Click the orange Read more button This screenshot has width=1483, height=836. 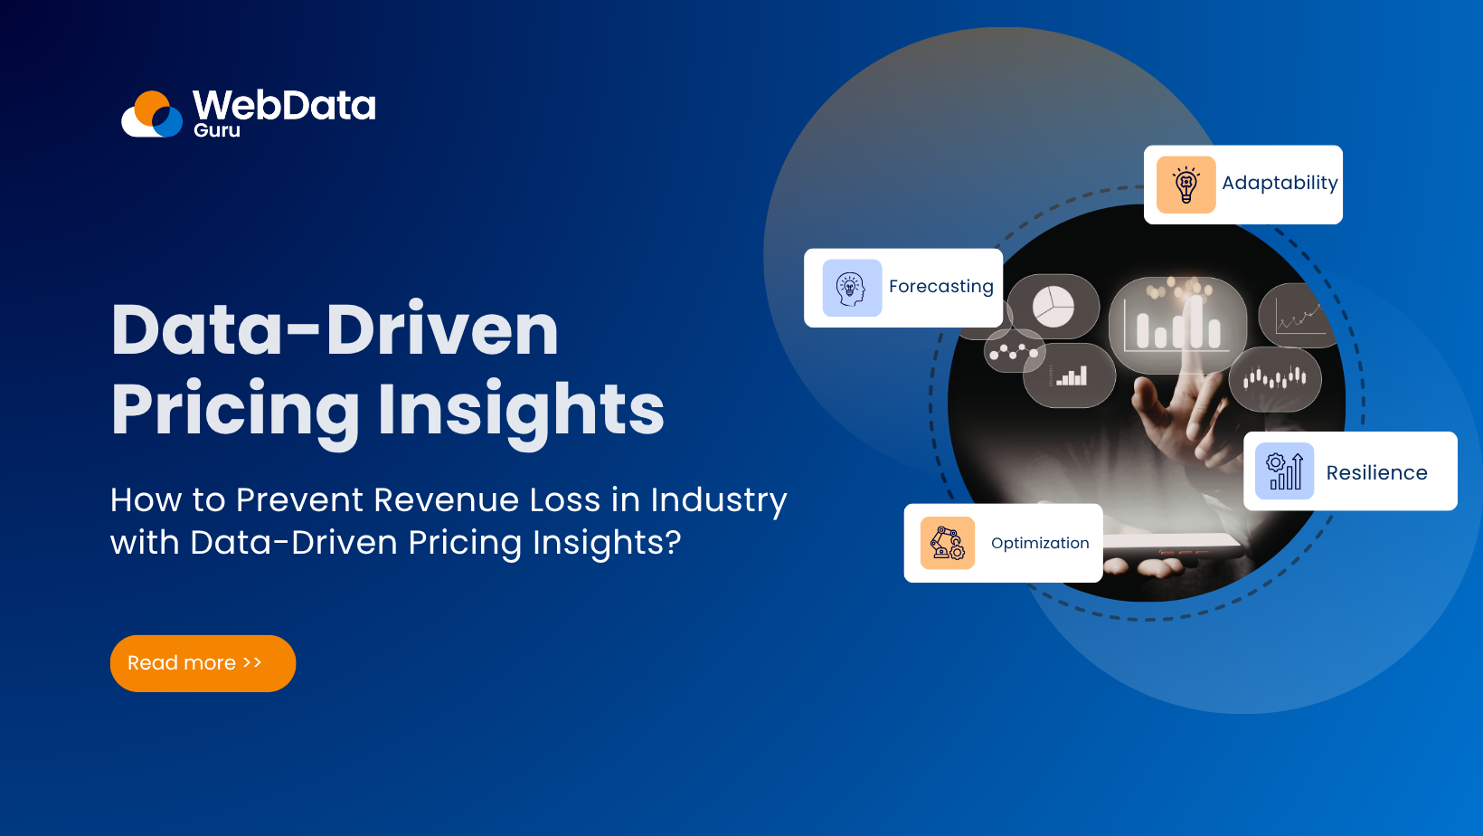point(203,663)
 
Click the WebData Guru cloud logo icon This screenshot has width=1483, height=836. point(153,115)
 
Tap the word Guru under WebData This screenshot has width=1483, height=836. point(217,130)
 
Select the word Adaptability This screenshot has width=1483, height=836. point(1280,183)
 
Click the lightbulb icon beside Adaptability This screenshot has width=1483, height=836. point(1185,185)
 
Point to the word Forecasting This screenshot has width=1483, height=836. point(940,287)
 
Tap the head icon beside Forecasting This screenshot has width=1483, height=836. point(851,289)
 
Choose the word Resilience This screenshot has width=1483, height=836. point(1376,473)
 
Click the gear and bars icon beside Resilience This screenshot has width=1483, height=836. point(1284,471)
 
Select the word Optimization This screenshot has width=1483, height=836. point(1040,543)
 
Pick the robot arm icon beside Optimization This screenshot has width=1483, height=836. point(947,543)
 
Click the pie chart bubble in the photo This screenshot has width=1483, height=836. point(1053,307)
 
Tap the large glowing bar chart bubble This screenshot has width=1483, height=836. point(1177,325)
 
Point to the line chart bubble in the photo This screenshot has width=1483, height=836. point(1299,316)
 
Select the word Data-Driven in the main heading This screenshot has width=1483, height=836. point(335,329)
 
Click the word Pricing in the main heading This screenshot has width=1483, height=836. point(235,410)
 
